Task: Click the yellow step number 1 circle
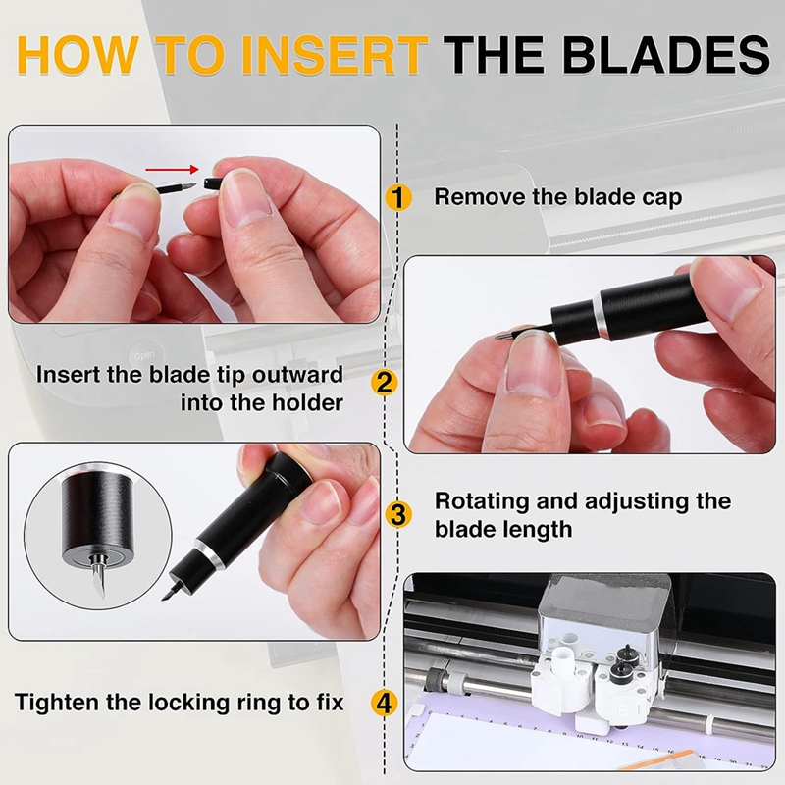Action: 396,197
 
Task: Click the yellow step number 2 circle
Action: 386,381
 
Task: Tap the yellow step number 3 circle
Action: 396,514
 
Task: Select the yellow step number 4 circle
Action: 386,703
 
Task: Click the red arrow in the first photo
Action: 171,169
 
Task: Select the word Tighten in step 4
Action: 58,703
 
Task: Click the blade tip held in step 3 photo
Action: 170,592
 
